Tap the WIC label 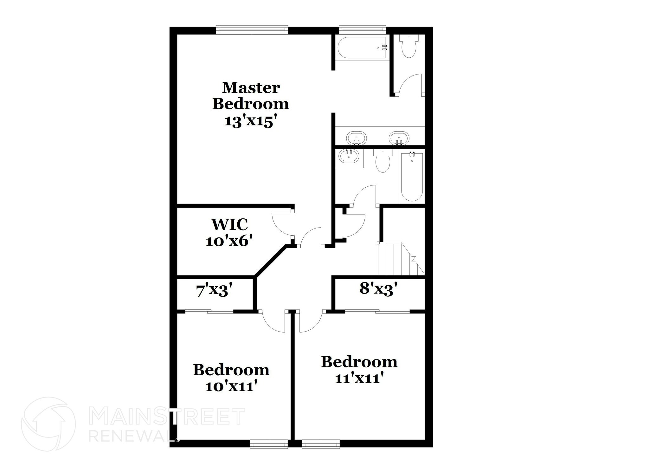tap(229, 224)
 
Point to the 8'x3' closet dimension tap(378, 289)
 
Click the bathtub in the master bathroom tap(362, 48)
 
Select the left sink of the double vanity tap(356, 139)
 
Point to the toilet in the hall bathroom tap(383, 161)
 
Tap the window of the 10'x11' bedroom tap(269, 443)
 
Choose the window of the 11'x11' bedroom tap(321, 443)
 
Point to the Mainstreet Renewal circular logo tap(48, 424)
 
